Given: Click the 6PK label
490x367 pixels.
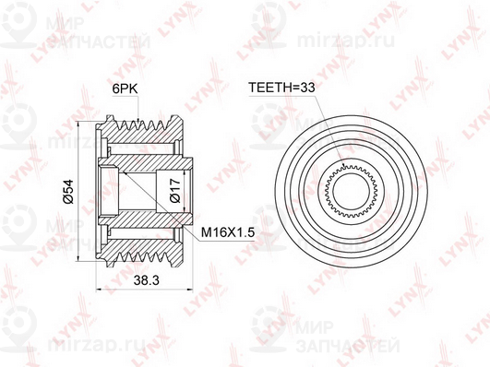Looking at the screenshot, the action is (125, 89).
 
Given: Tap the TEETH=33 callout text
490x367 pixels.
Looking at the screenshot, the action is (281, 88).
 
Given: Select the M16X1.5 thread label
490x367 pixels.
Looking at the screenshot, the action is (228, 232).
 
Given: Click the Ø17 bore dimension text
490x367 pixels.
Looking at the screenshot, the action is (176, 191).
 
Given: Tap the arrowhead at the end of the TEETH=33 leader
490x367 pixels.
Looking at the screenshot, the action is (344, 166).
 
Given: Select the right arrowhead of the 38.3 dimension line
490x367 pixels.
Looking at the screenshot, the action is (189, 290).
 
